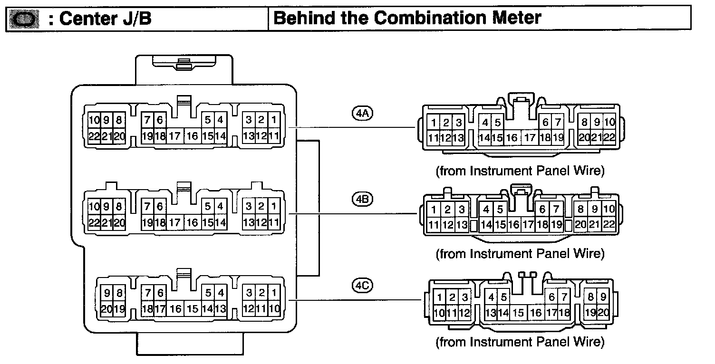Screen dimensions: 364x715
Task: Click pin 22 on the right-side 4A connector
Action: (609, 138)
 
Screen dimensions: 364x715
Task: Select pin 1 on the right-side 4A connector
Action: (434, 123)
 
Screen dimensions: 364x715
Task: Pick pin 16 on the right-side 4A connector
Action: (512, 138)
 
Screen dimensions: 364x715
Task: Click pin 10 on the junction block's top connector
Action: (93, 121)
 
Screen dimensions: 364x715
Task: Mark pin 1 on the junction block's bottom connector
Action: (274, 293)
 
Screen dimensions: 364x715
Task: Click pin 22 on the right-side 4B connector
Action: (609, 225)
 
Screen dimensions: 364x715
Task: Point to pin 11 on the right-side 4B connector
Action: (433, 225)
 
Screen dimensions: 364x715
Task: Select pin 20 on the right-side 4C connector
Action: (603, 313)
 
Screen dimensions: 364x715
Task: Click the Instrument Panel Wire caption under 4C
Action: (520, 341)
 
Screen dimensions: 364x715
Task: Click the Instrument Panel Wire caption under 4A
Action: (520, 171)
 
